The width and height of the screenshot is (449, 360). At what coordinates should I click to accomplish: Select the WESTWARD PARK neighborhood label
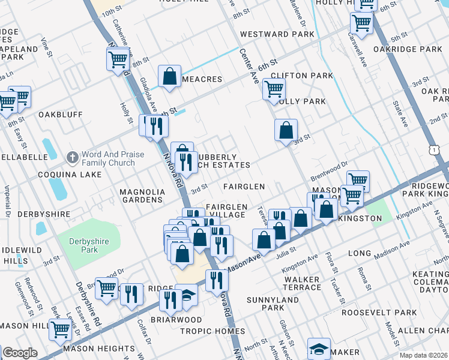(277, 34)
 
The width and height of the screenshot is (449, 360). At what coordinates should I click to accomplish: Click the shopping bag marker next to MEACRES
(170, 76)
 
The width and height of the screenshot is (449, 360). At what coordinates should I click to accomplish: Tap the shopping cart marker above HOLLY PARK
(274, 89)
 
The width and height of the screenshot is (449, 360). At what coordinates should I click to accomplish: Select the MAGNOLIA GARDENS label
(142, 196)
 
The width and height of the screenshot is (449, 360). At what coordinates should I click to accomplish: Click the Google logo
(20, 353)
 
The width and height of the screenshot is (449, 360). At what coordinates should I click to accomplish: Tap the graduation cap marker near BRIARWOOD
(188, 295)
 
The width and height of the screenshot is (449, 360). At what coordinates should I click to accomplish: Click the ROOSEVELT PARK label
(379, 313)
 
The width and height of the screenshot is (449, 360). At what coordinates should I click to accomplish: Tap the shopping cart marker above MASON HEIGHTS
(61, 329)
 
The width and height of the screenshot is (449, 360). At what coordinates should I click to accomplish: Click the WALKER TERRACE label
(302, 283)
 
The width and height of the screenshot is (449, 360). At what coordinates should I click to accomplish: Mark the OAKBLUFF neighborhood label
(61, 114)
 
